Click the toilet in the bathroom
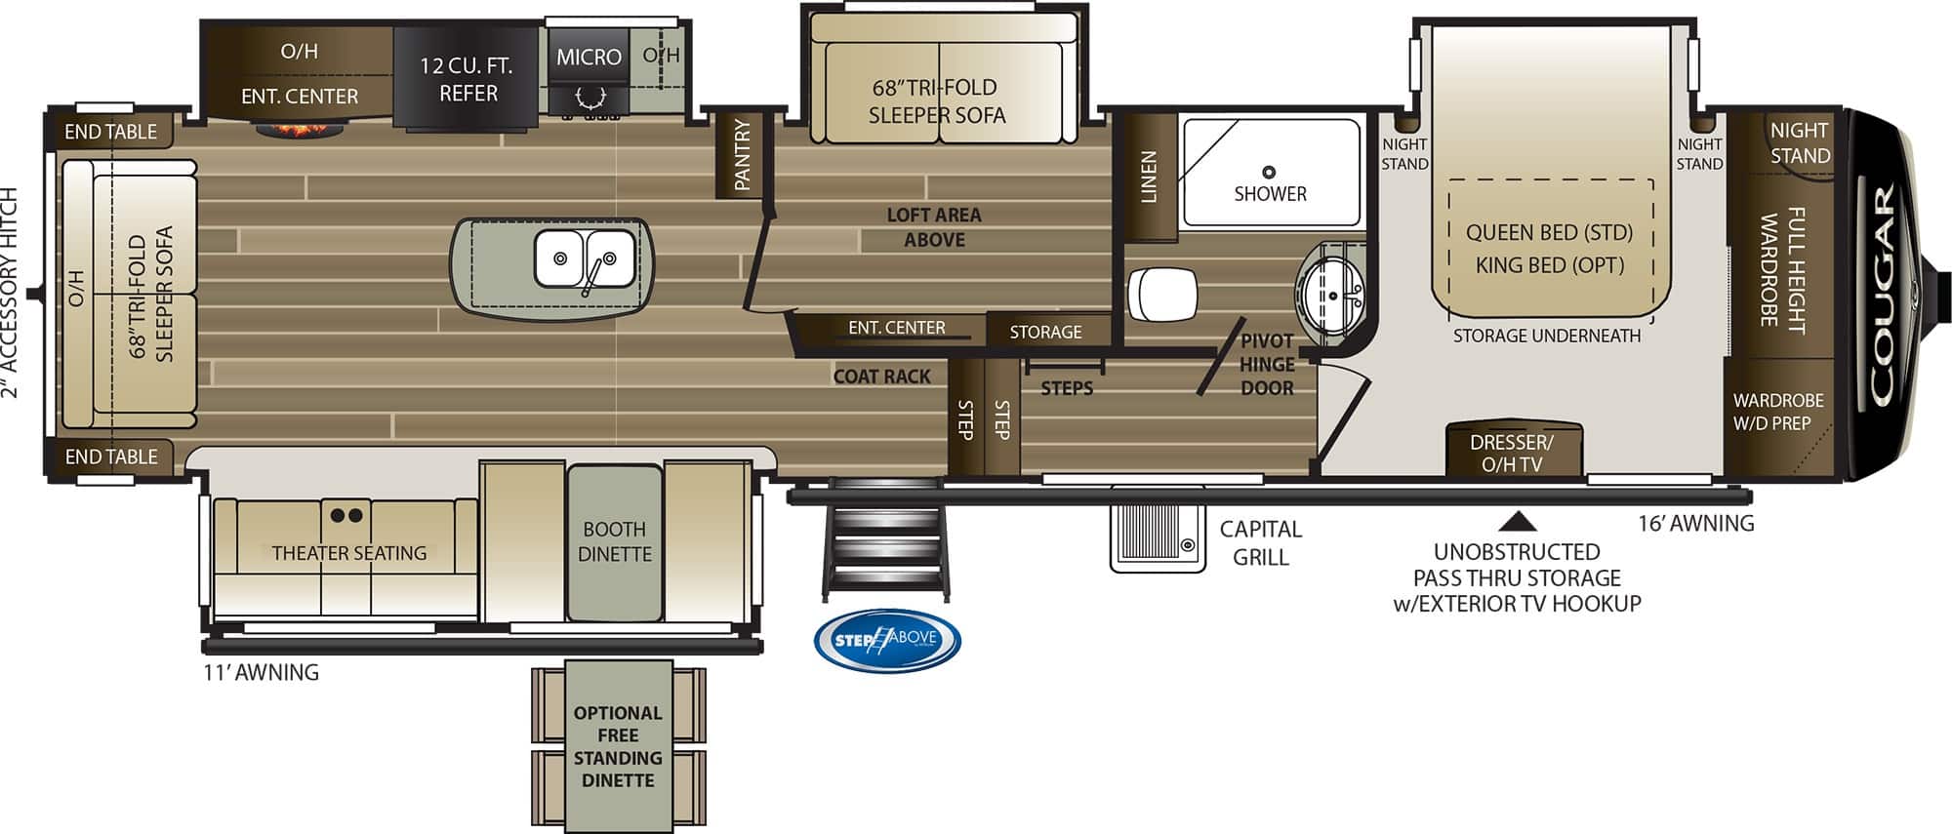(x=1162, y=294)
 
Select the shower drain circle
(x=1270, y=172)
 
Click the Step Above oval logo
(x=887, y=641)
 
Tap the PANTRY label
(x=743, y=155)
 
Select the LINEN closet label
(x=1149, y=177)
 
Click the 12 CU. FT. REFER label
(x=468, y=79)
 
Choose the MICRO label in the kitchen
(x=589, y=58)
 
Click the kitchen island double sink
(x=585, y=258)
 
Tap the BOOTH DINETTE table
(x=615, y=542)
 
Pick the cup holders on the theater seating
(x=346, y=515)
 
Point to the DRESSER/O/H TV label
(x=1512, y=454)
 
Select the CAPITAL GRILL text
(x=1261, y=543)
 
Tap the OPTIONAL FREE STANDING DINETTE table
(x=619, y=746)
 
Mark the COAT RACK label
(x=881, y=377)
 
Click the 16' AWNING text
(x=1695, y=524)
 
